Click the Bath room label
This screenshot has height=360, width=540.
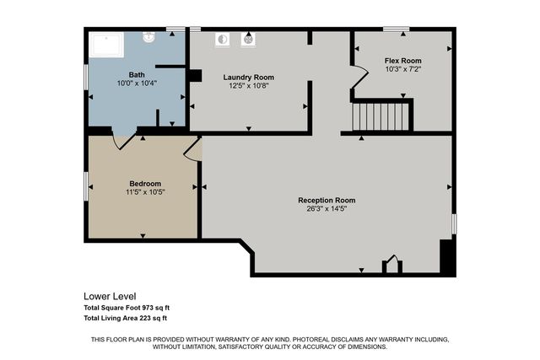click(x=136, y=75)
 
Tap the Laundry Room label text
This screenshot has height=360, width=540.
click(x=248, y=77)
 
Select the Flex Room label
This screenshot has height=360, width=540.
click(x=402, y=61)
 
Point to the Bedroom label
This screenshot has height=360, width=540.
click(x=144, y=183)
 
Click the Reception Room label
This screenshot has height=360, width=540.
click(x=327, y=200)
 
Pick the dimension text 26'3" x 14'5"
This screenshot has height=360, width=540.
click(x=327, y=208)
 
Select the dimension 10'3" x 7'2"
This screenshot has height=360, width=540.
click(x=402, y=69)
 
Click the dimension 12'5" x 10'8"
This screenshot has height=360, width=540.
click(x=248, y=85)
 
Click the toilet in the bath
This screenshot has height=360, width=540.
click(x=148, y=37)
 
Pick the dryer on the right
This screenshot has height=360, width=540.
click(x=249, y=39)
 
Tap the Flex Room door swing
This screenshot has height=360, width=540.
click(x=360, y=77)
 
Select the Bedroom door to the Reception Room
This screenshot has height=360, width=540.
click(x=192, y=149)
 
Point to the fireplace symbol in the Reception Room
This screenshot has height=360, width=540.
click(x=391, y=266)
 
